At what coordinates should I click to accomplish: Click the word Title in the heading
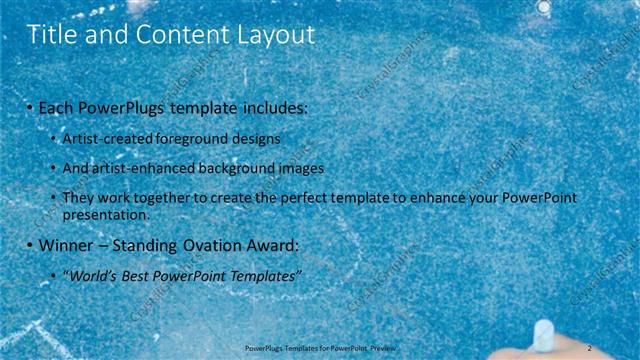52,36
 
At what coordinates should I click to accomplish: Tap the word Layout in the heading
276,36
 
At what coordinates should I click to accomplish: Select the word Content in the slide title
177,36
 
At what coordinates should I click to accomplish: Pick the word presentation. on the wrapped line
105,215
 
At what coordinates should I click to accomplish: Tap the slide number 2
591,347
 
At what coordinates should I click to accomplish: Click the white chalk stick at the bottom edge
543,333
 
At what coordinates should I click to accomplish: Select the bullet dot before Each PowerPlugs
30,107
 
